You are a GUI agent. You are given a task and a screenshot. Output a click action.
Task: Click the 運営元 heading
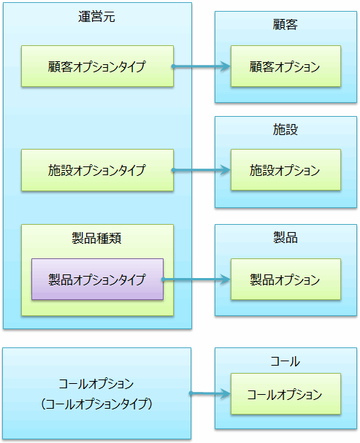pos(96,17)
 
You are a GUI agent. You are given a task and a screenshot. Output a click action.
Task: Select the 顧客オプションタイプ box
pos(98,66)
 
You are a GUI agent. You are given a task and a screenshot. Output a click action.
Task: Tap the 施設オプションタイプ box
pos(98,170)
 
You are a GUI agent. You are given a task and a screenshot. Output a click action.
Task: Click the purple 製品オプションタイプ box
pos(98,279)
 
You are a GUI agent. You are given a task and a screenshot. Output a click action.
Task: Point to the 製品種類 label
pos(96,238)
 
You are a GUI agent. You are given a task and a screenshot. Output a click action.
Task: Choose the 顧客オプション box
pos(286,66)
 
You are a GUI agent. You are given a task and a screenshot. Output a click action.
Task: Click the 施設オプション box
pos(286,170)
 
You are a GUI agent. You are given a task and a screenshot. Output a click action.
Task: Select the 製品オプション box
pos(286,279)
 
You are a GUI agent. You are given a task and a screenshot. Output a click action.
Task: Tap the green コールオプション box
pos(286,394)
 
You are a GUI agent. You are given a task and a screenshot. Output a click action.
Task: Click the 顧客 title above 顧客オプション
pos(286,24)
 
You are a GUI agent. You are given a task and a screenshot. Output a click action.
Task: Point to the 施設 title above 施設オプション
pos(286,129)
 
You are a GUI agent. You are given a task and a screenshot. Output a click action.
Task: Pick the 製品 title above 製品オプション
pos(286,237)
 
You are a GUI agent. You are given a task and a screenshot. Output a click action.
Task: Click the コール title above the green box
pos(286,361)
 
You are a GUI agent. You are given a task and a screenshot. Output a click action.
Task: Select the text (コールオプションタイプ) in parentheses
pos(96,404)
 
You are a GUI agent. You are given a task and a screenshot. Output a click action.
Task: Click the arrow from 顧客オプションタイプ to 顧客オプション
pos(202,66)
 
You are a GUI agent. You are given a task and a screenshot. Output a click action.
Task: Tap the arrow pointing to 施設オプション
pos(202,170)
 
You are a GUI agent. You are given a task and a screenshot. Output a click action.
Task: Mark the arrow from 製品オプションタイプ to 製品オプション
pos(196,280)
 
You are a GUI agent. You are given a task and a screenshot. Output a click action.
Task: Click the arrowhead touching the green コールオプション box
pos(226,393)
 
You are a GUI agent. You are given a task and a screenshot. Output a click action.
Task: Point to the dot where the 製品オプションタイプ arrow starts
pos(163,280)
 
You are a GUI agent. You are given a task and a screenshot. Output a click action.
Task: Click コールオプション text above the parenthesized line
pos(96,384)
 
